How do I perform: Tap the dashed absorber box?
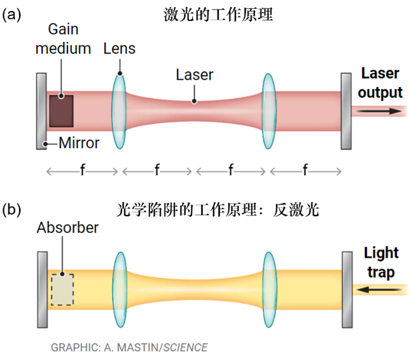[x=62, y=289]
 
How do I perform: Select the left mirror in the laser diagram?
[x=42, y=111]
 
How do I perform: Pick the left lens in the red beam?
[x=118, y=111]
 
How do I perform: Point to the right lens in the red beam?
[x=268, y=111]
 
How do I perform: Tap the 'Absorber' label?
[x=67, y=227]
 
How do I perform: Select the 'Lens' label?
[x=120, y=48]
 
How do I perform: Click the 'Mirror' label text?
[x=79, y=143]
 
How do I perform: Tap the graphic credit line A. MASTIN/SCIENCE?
[x=129, y=347]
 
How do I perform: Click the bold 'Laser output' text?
[x=380, y=82]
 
